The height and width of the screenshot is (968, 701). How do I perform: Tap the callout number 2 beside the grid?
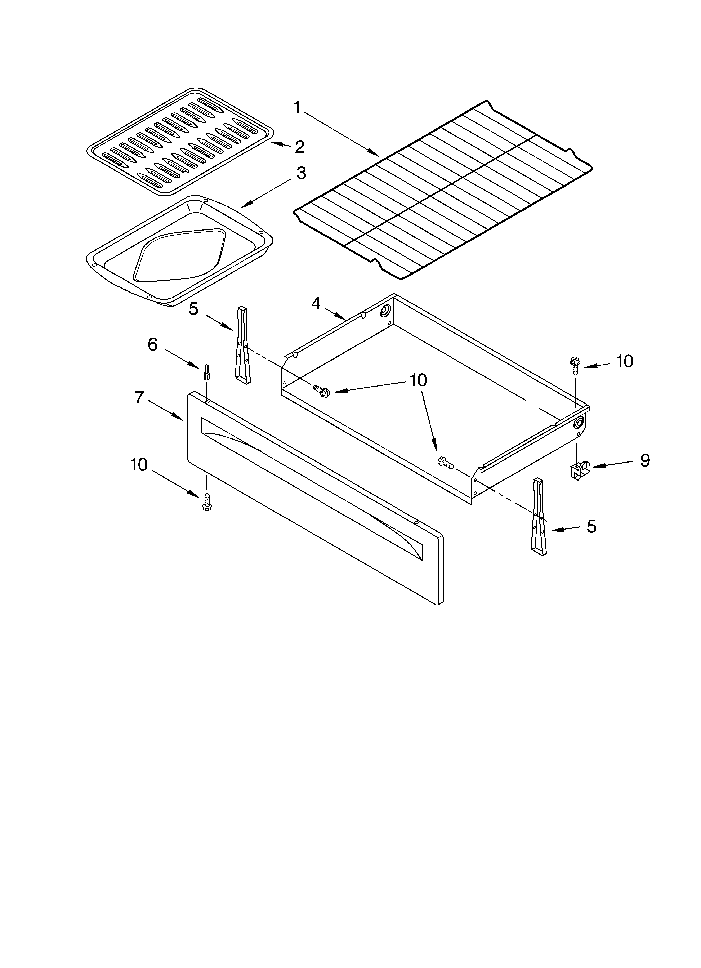(x=300, y=147)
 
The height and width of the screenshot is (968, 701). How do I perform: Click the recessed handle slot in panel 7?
(x=312, y=474)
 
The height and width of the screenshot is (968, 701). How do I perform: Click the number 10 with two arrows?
(x=418, y=380)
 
